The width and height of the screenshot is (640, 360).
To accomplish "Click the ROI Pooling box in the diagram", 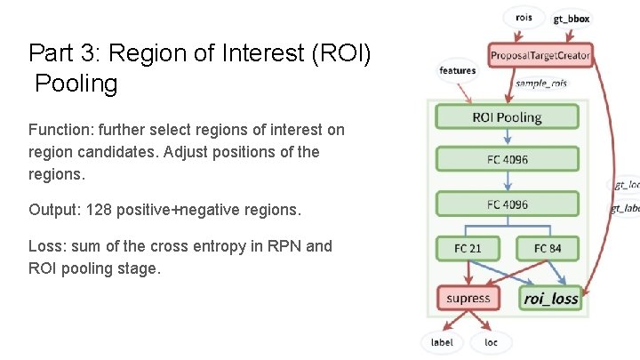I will pyautogui.click(x=507, y=116).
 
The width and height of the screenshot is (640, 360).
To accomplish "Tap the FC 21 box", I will pyautogui.click(x=468, y=248).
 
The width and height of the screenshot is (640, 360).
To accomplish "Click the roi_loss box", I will pyautogui.click(x=551, y=298).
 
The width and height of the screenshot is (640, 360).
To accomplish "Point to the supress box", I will pyautogui.click(x=468, y=298).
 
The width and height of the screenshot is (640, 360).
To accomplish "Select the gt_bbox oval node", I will pyautogui.click(x=571, y=18).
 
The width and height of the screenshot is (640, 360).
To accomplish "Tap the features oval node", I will pyautogui.click(x=457, y=70).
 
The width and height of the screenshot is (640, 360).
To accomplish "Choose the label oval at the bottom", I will pyautogui.click(x=442, y=342).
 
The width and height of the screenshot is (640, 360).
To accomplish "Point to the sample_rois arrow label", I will pyautogui.click(x=541, y=83).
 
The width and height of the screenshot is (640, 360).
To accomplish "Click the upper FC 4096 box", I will pyautogui.click(x=507, y=160).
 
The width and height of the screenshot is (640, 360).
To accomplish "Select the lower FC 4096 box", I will pyautogui.click(x=507, y=204).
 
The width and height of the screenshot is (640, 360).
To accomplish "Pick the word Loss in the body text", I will pyautogui.click(x=44, y=245).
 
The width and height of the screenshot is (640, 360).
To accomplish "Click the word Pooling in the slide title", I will pyautogui.click(x=76, y=84).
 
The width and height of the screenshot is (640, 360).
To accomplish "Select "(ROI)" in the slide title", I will pyautogui.click(x=346, y=53).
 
